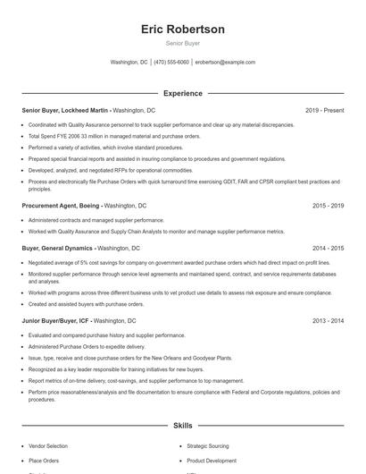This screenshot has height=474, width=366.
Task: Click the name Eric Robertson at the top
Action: pyautogui.click(x=182, y=30)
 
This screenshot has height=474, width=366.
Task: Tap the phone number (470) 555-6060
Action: pyautogui.click(x=171, y=63)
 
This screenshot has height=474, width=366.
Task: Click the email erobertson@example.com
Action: pyautogui.click(x=225, y=63)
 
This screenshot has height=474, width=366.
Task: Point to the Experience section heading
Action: pyautogui.click(x=182, y=93)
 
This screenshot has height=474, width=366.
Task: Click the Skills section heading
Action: pyautogui.click(x=182, y=427)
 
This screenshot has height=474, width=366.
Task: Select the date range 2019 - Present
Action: pyautogui.click(x=324, y=110)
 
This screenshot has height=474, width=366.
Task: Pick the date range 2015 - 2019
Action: pyautogui.click(x=329, y=206)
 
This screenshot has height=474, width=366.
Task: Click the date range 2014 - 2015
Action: pyautogui.click(x=329, y=248)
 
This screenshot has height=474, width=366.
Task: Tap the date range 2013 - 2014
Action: pyautogui.click(x=329, y=319)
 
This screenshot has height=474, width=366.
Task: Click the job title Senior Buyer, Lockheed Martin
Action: pyautogui.click(x=65, y=110)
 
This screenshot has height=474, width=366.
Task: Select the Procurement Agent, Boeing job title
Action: pyautogui.click(x=63, y=206)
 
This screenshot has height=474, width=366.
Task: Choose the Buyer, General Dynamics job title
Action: pyautogui.click(x=58, y=248)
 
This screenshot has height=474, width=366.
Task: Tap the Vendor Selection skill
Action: pyautogui.click(x=47, y=445)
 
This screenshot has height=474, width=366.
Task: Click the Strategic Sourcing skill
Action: pyautogui.click(x=207, y=445)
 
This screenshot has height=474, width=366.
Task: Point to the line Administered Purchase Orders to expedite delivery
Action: pyautogui.click(x=86, y=344)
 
